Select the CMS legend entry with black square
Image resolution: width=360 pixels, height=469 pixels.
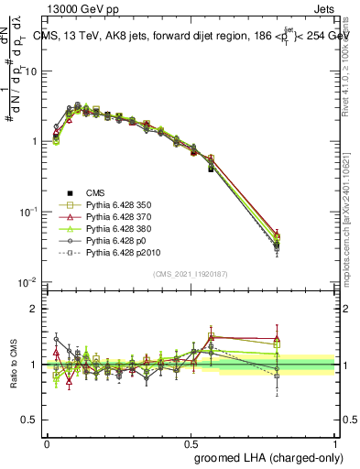click(x=95, y=191)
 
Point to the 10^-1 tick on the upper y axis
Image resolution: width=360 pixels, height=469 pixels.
click(x=27, y=212)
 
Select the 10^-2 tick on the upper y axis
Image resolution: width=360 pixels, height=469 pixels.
click(x=27, y=282)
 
